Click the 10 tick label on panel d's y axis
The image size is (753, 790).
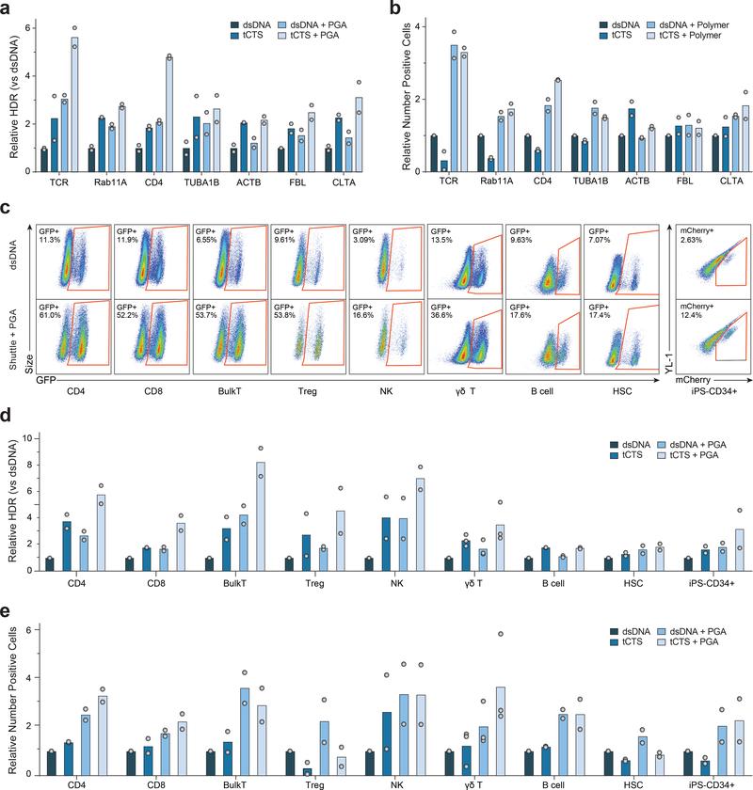pos(27,438)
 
